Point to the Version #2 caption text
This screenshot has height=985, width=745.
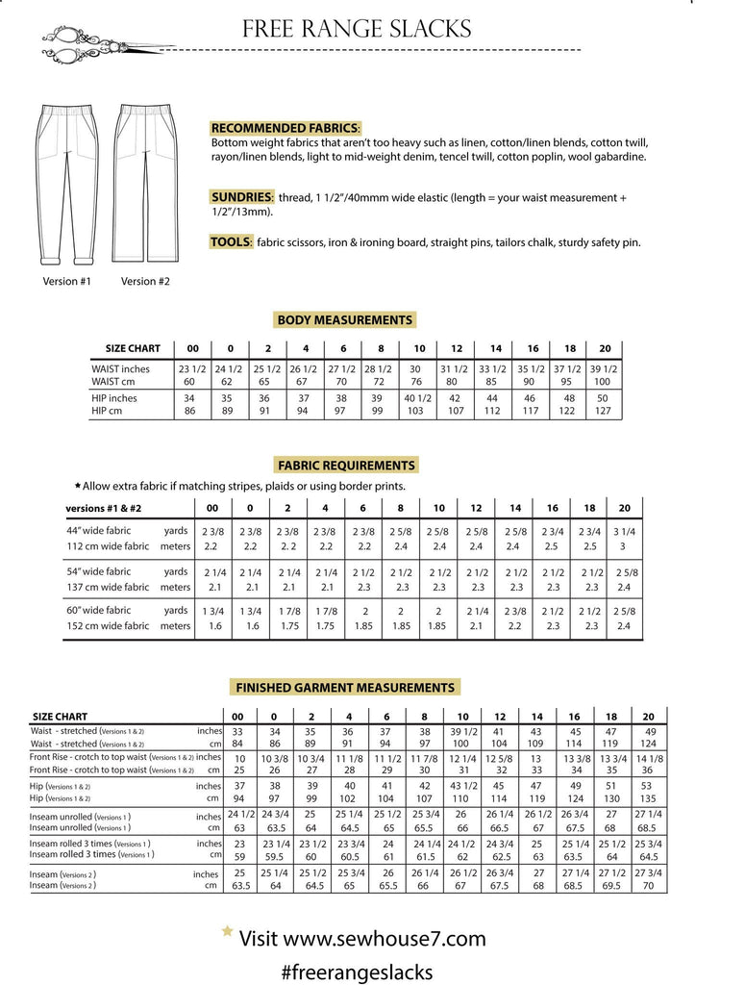click(x=145, y=282)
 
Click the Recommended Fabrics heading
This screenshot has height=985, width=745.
click(x=286, y=128)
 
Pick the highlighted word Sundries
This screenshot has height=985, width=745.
click(x=242, y=197)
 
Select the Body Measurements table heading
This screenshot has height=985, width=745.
click(x=344, y=320)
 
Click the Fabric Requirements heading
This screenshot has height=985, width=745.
click(x=346, y=465)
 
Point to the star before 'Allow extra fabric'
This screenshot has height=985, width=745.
click(x=77, y=487)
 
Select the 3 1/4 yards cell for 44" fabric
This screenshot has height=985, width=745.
click(x=625, y=531)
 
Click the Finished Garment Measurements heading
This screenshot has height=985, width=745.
click(x=345, y=688)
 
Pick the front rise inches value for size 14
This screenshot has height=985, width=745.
click(x=536, y=758)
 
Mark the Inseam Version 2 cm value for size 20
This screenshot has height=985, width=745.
click(x=648, y=886)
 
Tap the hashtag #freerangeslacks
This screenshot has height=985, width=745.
click(x=357, y=972)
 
